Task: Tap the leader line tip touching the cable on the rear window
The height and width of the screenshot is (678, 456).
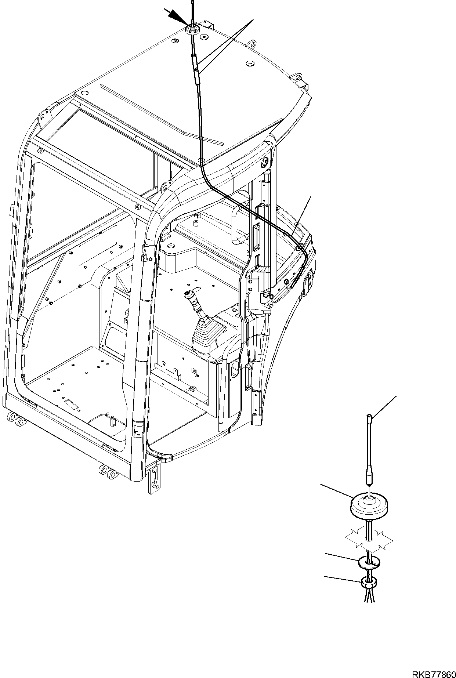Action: point(294,233)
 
